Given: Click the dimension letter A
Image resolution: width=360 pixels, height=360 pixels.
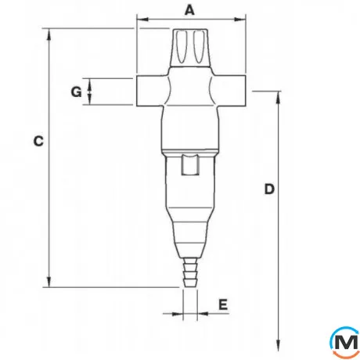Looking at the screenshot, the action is click(x=190, y=10).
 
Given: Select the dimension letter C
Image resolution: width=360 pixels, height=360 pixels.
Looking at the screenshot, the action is click(x=38, y=141).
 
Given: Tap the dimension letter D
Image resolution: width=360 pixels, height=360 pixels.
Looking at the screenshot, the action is click(x=269, y=189).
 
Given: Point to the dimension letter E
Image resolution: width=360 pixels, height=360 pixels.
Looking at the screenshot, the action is click(x=223, y=304).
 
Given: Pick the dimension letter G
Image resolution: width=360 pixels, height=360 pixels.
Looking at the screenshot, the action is click(x=76, y=92).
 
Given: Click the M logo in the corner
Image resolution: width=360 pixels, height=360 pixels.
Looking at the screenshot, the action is click(x=345, y=342).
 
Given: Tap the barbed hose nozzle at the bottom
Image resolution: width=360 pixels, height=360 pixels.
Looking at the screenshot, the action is click(x=190, y=272).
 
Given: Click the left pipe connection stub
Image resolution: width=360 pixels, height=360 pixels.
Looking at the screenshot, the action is click(x=151, y=91).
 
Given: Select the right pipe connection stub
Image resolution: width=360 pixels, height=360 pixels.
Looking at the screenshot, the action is click(x=230, y=91).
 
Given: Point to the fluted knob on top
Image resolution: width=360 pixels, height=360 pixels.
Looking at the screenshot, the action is click(x=190, y=47).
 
